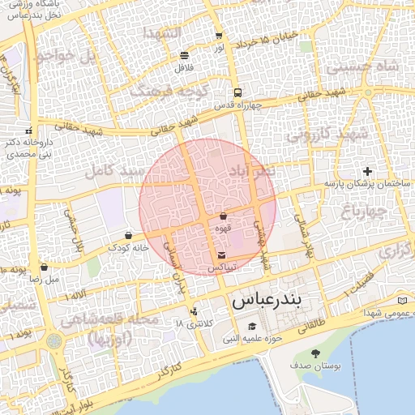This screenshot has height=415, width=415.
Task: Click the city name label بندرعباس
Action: point(267,300)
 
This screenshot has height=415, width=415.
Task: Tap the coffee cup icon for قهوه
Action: point(223,216)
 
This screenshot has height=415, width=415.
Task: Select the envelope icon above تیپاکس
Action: point(222,255)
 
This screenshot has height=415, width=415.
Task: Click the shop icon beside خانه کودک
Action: point(128,235)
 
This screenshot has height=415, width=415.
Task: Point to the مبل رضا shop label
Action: point(45,279)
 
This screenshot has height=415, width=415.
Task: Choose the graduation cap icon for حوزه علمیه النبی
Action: point(241,326)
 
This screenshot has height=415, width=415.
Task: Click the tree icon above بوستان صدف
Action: point(315,353)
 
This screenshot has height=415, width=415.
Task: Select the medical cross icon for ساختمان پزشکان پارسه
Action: point(368,171)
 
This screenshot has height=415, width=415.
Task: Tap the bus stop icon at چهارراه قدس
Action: point(237,92)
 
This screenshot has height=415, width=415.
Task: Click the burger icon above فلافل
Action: point(185,55)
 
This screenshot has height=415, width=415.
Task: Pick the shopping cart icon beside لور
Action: point(219,36)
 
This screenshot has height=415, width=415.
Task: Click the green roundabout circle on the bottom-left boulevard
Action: point(53,341)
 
